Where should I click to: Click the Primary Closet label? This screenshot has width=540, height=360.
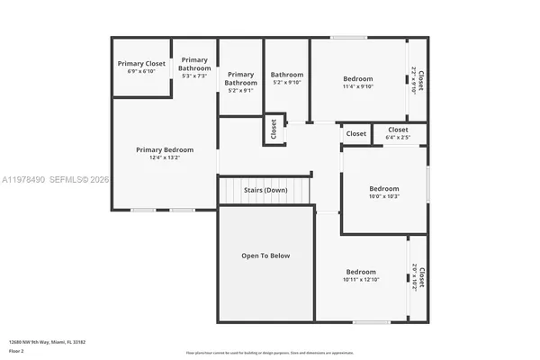[142, 64]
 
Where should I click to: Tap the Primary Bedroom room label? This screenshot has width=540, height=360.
[165, 149]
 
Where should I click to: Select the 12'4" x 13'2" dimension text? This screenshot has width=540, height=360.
[165, 157]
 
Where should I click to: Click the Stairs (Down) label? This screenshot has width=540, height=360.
[265, 190]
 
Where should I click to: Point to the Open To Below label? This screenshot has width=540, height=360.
[265, 256]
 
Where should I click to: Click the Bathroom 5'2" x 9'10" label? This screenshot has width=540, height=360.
[287, 75]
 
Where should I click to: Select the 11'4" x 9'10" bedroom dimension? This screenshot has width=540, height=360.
[357, 87]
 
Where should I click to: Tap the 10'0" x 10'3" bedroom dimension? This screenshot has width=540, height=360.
[383, 196]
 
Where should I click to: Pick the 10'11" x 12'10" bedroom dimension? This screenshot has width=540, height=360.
[361, 280]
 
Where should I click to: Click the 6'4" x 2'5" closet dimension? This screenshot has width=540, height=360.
[398, 138]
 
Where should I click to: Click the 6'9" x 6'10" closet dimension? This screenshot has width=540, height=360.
[142, 71]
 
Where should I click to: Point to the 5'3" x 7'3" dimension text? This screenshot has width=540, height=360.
[194, 76]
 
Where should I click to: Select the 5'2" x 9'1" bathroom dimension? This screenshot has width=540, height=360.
[240, 90]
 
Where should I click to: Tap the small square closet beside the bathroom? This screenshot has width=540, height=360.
[274, 130]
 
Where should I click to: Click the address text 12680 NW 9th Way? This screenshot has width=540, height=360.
[40, 342]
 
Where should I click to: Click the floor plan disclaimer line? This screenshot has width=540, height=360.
[270, 352]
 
